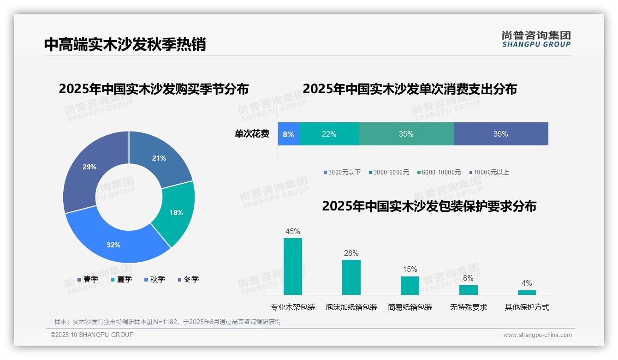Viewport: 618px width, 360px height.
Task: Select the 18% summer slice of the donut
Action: tap(176, 212)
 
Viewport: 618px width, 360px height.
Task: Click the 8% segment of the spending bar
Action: tap(288, 134)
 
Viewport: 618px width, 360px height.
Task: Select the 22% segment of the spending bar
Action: tap(329, 134)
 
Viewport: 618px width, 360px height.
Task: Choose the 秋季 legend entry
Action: tap(154, 280)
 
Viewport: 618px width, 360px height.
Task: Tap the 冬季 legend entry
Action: tap(188, 280)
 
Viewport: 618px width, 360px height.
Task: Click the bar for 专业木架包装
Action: tap(293, 266)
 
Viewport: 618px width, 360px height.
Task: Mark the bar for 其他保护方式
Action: tap(527, 292)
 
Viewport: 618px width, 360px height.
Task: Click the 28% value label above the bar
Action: tap(351, 253)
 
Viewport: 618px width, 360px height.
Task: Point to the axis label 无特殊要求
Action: tap(469, 307)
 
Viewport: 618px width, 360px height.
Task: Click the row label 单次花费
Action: tap(252, 134)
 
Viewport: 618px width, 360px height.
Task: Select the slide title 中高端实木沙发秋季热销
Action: tap(125, 44)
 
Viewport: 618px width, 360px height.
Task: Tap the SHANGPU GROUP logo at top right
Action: tap(536, 39)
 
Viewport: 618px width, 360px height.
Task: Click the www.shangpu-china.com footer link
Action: tap(537, 335)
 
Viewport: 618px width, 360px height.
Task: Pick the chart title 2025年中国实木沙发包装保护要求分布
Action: tap(429, 206)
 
